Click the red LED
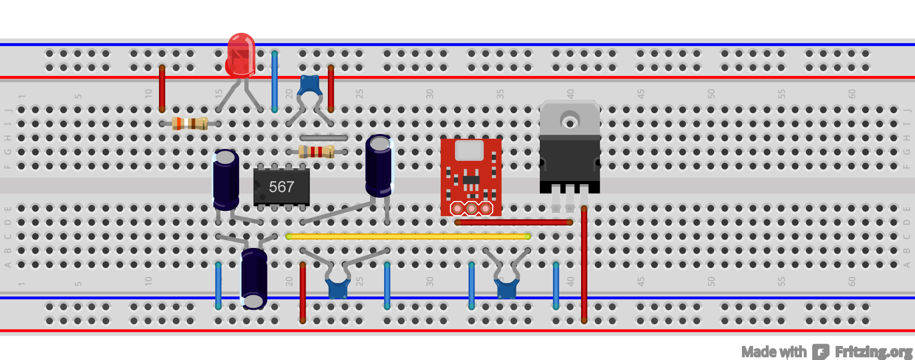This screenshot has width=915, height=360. (x=241, y=55)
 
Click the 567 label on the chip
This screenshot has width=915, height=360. (x=281, y=187)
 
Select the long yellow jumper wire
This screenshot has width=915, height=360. (x=408, y=236)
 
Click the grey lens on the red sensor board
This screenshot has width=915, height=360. (x=469, y=150)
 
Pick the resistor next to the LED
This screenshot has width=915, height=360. (x=190, y=124)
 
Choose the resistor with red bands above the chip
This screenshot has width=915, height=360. (x=317, y=151)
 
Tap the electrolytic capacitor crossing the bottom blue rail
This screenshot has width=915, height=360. (x=254, y=278)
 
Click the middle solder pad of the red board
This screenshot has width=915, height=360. (x=471, y=208)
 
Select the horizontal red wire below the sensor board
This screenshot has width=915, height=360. (x=514, y=222)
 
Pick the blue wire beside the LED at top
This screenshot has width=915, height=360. (x=274, y=82)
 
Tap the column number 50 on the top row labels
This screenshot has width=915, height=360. (x=711, y=94)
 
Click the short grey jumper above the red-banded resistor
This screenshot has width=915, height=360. (x=324, y=138)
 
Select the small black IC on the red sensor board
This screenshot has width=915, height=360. (x=471, y=180)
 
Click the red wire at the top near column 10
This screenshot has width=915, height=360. (x=162, y=88)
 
